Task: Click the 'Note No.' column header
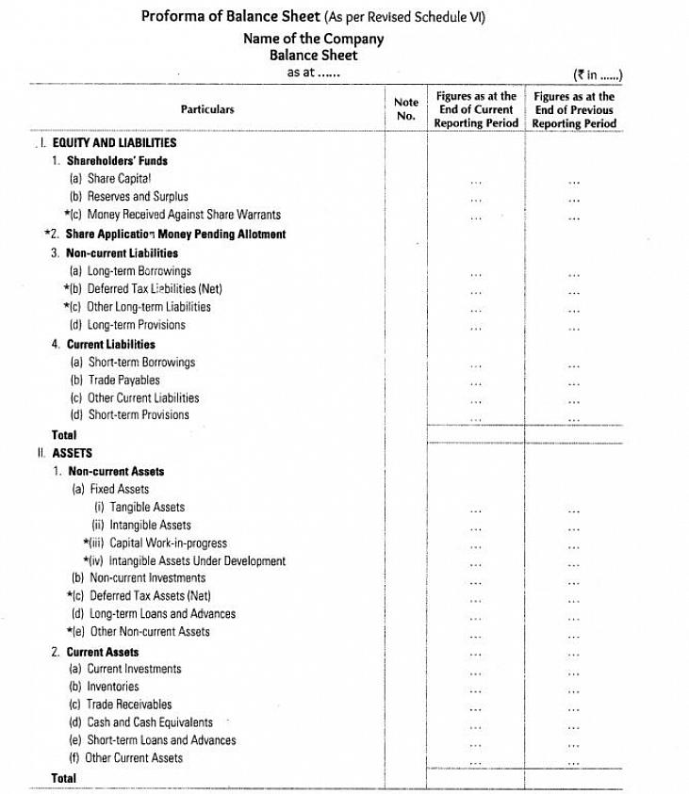coord(406,109)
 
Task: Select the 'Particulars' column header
coord(207,109)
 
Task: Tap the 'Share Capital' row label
coord(119,178)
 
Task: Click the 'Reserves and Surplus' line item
coord(138,197)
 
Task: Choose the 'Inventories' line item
coord(113,687)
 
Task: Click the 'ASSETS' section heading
coord(72,453)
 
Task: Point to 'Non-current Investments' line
coord(147,577)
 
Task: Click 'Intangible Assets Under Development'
coord(197,560)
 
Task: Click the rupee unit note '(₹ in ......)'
coord(599,75)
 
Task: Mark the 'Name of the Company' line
coord(314,39)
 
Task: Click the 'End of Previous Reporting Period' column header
coord(574,109)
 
